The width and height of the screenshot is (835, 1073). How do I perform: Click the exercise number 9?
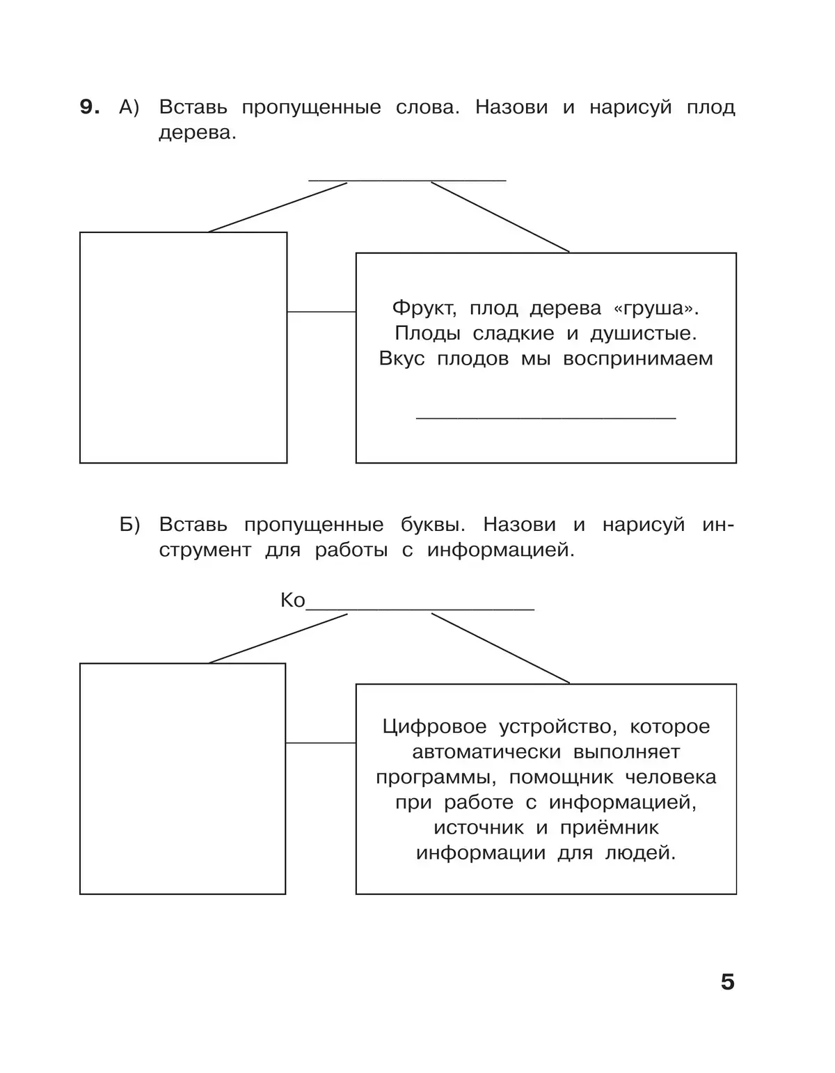(x=90, y=107)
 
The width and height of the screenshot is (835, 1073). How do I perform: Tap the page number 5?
(x=727, y=982)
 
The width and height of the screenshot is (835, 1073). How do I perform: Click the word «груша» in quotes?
(x=654, y=308)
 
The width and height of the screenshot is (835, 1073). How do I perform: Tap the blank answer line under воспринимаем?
(x=546, y=417)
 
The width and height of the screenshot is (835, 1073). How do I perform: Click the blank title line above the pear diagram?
(x=407, y=180)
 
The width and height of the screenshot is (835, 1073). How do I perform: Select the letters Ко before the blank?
(x=293, y=601)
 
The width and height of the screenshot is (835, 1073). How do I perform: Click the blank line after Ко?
(x=420, y=608)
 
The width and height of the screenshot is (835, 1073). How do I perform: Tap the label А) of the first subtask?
(x=130, y=107)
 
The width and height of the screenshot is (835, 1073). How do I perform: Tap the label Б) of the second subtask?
(x=130, y=525)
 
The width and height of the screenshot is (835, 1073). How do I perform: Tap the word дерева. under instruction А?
(x=198, y=133)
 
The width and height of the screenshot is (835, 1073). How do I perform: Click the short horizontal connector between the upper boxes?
(x=321, y=312)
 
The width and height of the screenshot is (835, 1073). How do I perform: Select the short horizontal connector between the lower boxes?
(x=321, y=743)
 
